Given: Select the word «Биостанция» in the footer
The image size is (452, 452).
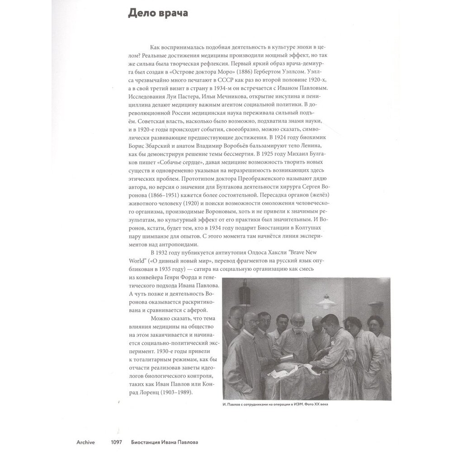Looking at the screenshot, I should coord(143,443).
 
